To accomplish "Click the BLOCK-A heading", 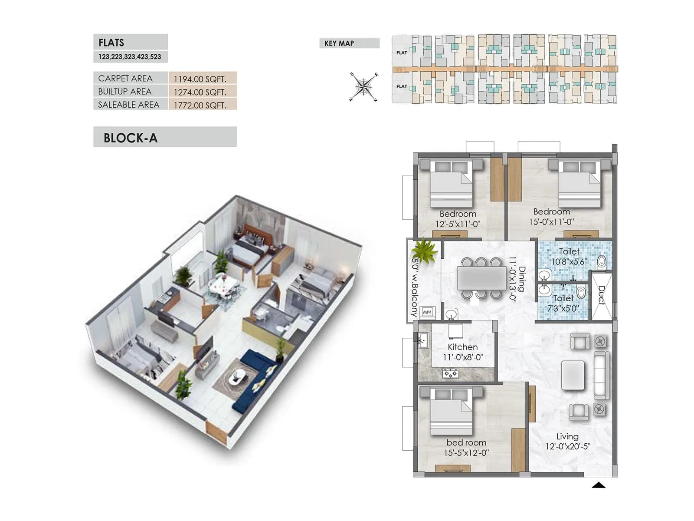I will pyautogui.click(x=131, y=138).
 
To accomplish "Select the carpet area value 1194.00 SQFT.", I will pyautogui.click(x=200, y=79).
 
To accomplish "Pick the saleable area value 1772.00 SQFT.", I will pyautogui.click(x=200, y=105).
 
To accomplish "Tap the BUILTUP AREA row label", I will pyautogui.click(x=125, y=92).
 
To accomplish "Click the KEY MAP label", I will pyautogui.click(x=339, y=43).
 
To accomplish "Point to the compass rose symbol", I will pyautogui.click(x=363, y=87).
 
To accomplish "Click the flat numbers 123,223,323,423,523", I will pyautogui.click(x=130, y=57).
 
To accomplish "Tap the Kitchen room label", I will pyautogui.click(x=463, y=347).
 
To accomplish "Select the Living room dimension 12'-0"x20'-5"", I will pyautogui.click(x=568, y=447).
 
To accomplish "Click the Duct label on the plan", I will pyautogui.click(x=601, y=295).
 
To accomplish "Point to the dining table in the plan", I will pyautogui.click(x=481, y=278).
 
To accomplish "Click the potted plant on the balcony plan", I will pyautogui.click(x=424, y=251).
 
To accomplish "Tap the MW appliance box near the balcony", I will pyautogui.click(x=427, y=312).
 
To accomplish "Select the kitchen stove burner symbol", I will pyautogui.click(x=451, y=373).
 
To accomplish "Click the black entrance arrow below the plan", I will pyautogui.click(x=599, y=485).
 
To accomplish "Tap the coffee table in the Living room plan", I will pyautogui.click(x=573, y=375).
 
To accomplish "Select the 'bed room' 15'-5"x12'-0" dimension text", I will pyautogui.click(x=466, y=453).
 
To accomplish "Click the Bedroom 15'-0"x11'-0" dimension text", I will pyautogui.click(x=551, y=222).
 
